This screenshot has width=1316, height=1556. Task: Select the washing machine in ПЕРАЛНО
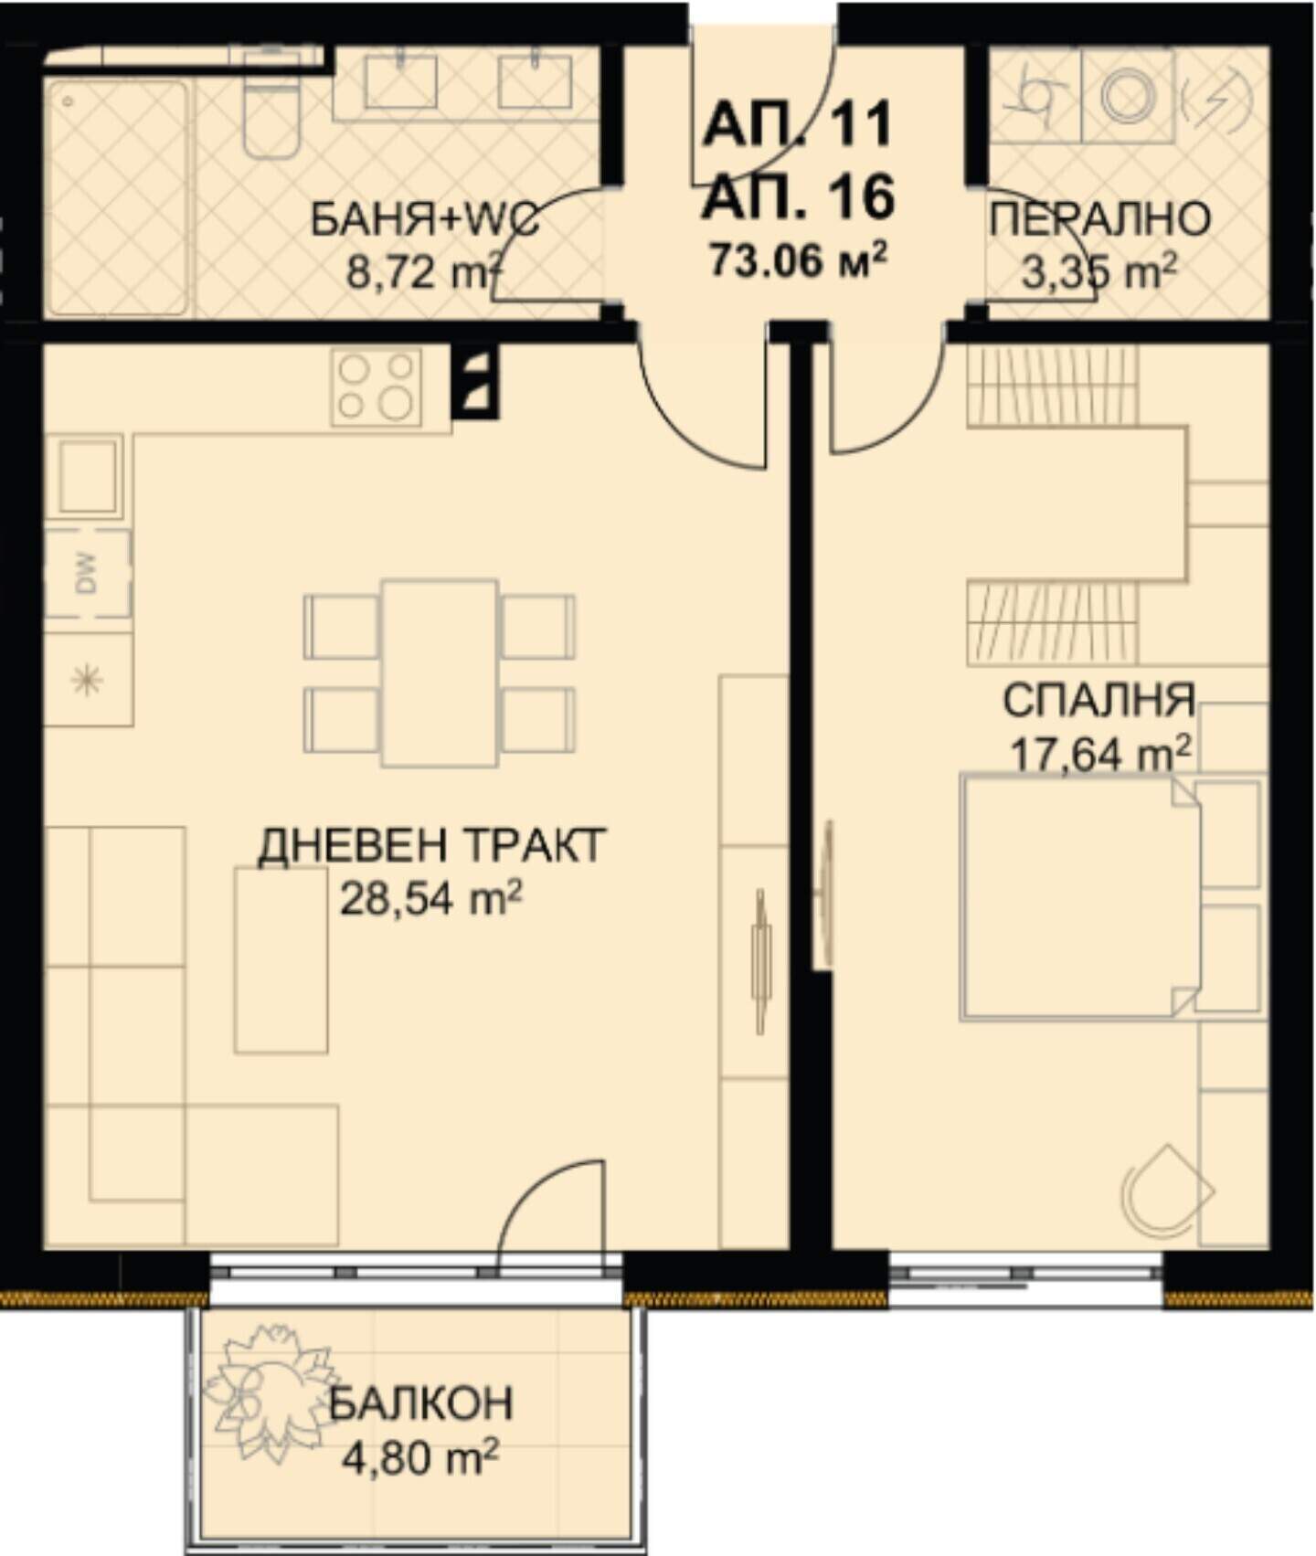click(x=1128, y=95)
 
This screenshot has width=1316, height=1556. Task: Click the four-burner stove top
click(x=377, y=386)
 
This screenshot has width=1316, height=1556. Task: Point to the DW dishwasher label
click(x=87, y=574)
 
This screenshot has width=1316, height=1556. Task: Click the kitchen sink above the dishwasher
click(x=89, y=477)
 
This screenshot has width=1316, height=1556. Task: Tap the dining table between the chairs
click(x=440, y=672)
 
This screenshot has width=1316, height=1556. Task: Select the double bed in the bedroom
click(x=1080, y=896)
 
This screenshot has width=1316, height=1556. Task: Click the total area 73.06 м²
click(x=797, y=260)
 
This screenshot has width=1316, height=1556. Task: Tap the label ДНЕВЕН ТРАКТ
click(x=431, y=846)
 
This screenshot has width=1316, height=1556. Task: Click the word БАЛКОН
click(x=420, y=1403)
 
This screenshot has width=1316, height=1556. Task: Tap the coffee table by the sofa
click(x=281, y=959)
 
